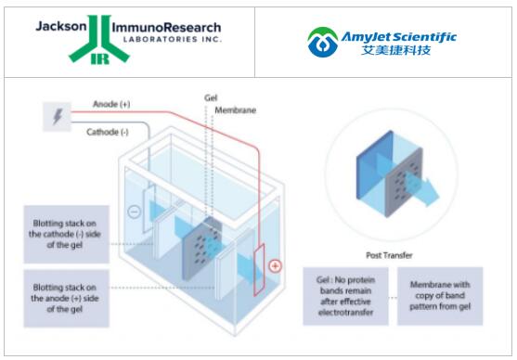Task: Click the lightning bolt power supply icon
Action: click(58, 116)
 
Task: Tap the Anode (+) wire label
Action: click(111, 104)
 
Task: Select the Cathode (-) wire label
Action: click(107, 132)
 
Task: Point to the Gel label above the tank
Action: click(211, 98)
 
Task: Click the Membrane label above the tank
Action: click(236, 110)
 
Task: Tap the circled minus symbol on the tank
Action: click(135, 212)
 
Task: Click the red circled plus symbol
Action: click(275, 265)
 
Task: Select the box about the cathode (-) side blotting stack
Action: click(66, 234)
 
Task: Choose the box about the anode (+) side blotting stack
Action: click(66, 299)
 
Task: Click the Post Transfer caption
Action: click(389, 255)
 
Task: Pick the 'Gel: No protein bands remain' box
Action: click(345, 296)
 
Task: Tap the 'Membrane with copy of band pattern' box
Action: click(440, 296)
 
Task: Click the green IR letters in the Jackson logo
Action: click(99, 59)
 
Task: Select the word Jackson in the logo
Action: click(61, 26)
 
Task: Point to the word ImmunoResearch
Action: click(166, 27)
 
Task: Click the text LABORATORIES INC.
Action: click(172, 39)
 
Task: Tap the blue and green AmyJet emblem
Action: click(322, 42)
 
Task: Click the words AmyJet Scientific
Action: click(398, 36)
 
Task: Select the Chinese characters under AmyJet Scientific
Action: click(395, 50)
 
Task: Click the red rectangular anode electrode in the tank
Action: click(259, 270)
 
